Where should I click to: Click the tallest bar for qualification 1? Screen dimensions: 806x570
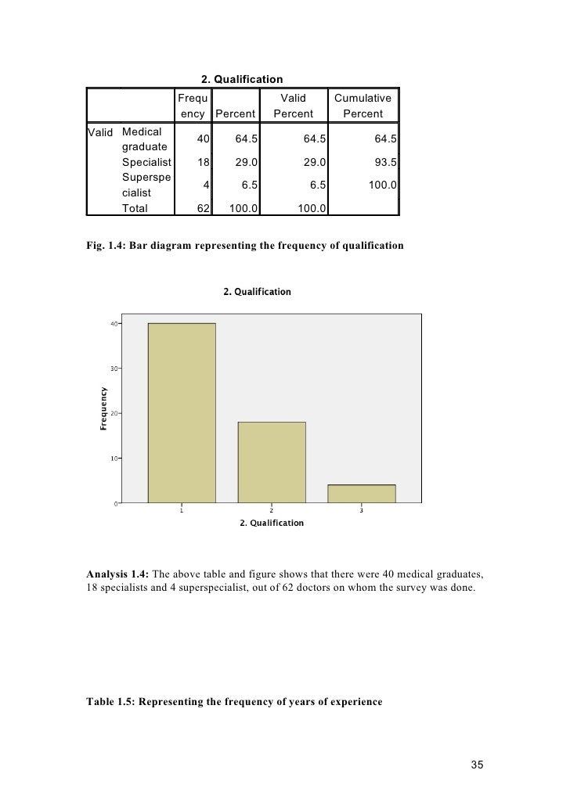click(182, 412)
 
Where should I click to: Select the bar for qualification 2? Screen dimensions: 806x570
click(272, 462)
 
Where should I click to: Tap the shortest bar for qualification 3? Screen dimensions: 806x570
click(362, 494)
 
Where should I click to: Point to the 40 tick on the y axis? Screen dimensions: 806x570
click(114, 323)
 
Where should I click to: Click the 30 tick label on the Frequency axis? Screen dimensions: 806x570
click(114, 368)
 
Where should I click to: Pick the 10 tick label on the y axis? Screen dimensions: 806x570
click(114, 458)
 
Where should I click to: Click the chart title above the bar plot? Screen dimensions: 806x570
click(257, 292)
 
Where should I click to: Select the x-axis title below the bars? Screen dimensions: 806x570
click(272, 523)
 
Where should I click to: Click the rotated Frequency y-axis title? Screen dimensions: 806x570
click(103, 409)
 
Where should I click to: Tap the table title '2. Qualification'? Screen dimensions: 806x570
click(242, 79)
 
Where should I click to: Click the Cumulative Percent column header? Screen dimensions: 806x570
click(363, 106)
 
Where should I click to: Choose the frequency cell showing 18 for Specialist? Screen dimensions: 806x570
click(203, 163)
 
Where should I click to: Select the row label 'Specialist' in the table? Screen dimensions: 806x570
click(146, 163)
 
